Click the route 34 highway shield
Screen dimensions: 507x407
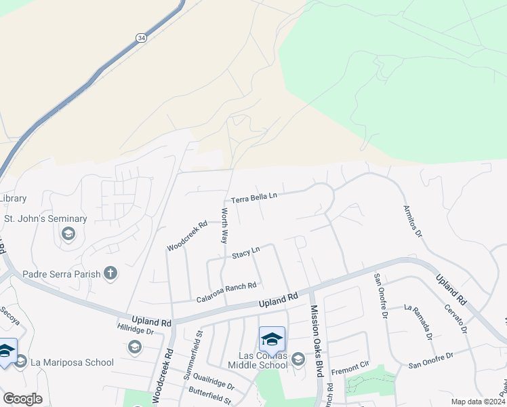click(140, 38)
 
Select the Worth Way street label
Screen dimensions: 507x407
click(223, 226)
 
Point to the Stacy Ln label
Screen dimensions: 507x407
click(246, 253)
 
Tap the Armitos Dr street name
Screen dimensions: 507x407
click(412, 222)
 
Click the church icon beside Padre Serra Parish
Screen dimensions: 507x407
click(110, 274)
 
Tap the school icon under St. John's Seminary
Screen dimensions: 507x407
click(68, 234)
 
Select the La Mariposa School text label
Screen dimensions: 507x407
click(73, 362)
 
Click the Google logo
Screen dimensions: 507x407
click(22, 399)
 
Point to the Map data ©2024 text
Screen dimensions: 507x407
click(478, 402)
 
